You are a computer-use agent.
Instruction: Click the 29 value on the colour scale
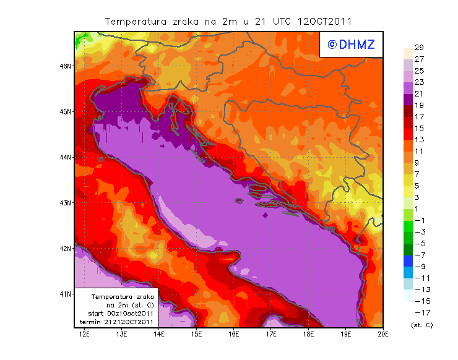coord(418,48)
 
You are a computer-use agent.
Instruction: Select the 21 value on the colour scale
coord(418,93)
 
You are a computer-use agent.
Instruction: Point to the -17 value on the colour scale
coord(418,312)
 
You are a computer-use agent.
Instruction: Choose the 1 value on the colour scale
coord(417,208)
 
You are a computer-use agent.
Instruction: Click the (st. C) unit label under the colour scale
coord(421,325)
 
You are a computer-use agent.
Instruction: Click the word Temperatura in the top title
coord(136,21)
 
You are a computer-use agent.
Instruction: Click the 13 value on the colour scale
coord(418,140)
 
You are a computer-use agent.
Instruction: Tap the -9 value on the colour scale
coord(418,266)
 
